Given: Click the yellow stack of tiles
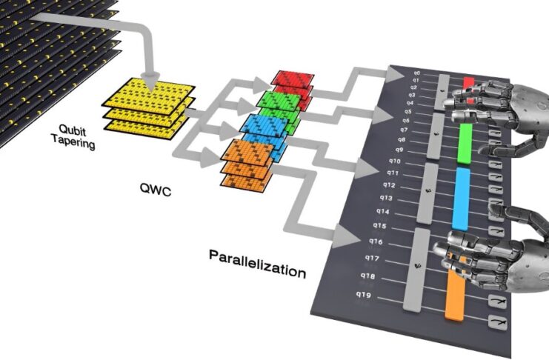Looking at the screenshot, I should (146, 107).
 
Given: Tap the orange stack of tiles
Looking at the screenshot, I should (246, 163).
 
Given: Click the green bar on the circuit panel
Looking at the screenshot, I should (465, 143).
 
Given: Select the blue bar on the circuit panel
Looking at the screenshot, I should (461, 198).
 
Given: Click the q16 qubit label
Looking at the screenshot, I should (375, 241).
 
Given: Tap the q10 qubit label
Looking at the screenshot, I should (394, 161).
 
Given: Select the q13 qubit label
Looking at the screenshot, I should (386, 198).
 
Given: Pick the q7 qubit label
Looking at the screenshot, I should (402, 130).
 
